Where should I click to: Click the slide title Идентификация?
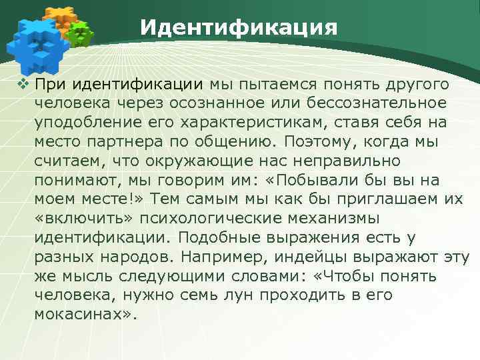tap(239, 27)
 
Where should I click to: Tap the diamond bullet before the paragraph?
tap(25, 85)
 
